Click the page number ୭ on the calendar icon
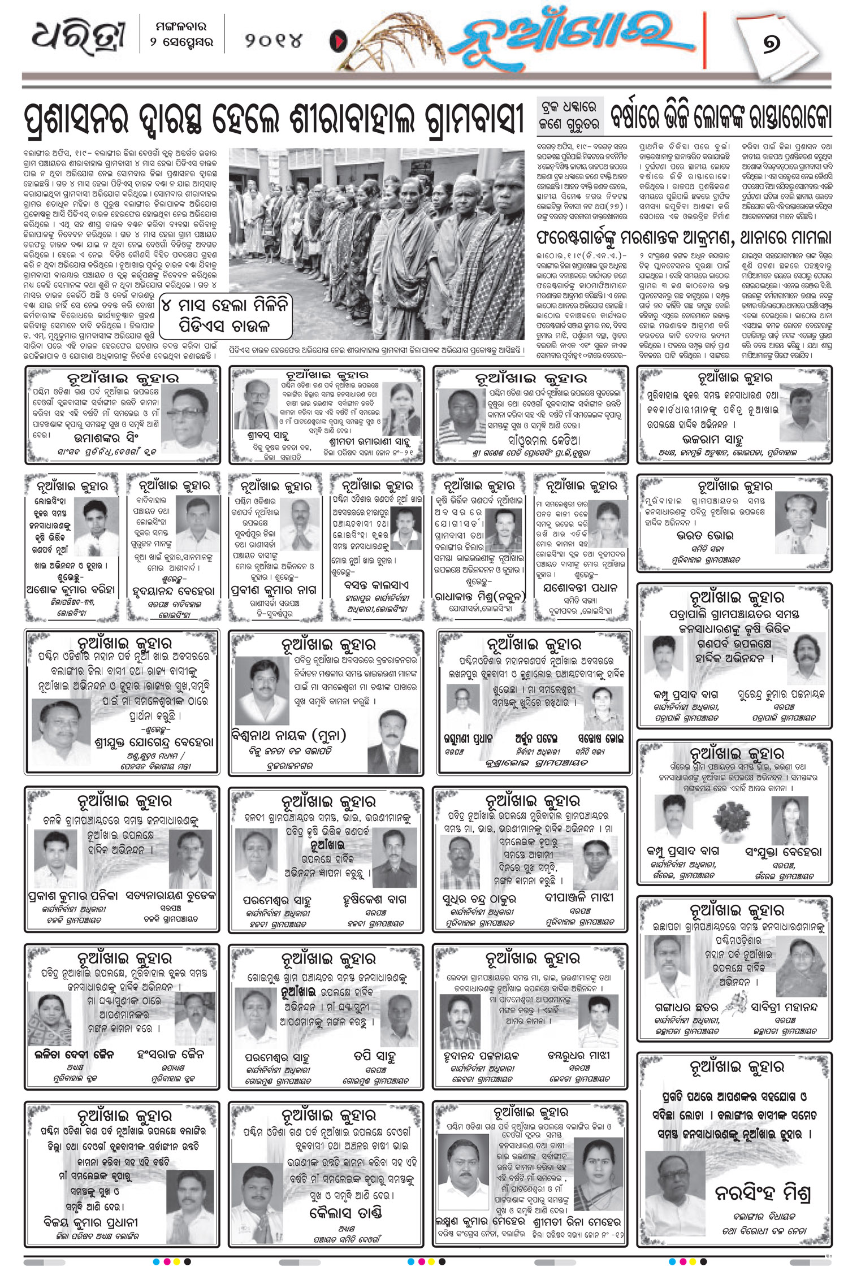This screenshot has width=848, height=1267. click(x=771, y=44)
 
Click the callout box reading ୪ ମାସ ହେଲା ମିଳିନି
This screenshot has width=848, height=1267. click(x=226, y=315)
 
